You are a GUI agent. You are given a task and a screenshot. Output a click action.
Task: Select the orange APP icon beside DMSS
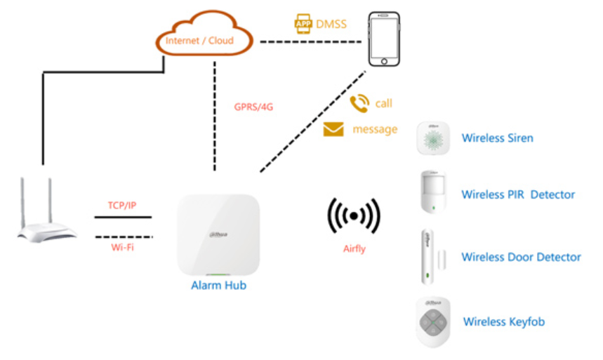pos(303,24)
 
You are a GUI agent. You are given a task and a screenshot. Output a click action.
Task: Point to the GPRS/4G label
pos(253,107)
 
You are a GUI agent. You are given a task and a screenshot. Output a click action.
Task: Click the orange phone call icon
pos(359,103)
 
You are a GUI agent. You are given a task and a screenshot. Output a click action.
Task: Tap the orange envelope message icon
pos(333,130)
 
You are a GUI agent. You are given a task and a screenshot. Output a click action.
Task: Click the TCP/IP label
pos(122,205)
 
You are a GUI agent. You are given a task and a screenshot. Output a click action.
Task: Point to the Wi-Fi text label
pos(122,248)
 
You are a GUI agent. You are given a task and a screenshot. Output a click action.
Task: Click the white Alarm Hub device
pos(218,235)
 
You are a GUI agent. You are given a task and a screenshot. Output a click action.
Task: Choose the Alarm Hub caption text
pos(218,286)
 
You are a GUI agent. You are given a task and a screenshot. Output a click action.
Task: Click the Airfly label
pos(354,248)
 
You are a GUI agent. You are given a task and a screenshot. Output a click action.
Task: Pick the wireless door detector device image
pos(428,256)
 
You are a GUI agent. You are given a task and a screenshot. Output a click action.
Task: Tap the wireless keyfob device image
pos(433,321)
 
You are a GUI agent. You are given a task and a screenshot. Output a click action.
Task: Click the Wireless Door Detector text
pos(521,257)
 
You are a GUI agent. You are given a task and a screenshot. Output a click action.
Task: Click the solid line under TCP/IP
pos(123,217)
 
